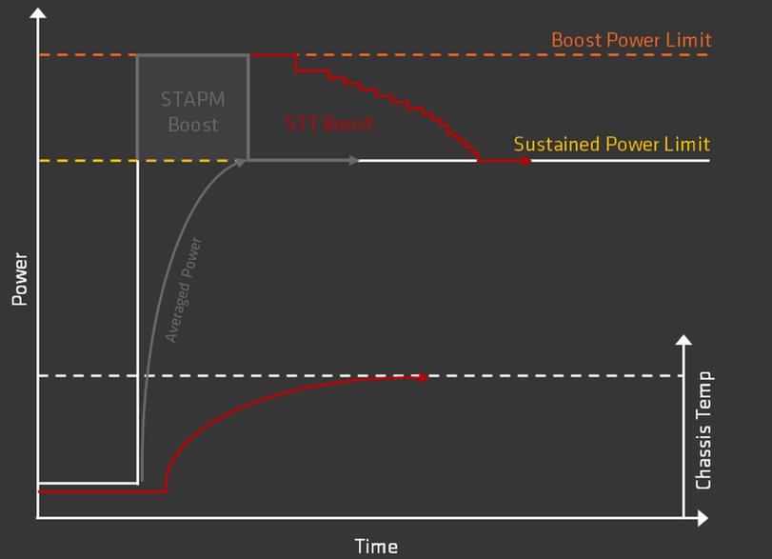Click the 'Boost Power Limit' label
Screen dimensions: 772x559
(x=631, y=40)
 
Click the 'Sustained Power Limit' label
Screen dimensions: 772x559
(x=611, y=145)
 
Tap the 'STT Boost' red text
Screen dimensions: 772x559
(x=329, y=124)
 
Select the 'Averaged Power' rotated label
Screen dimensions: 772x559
(x=183, y=290)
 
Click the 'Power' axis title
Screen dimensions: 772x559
(x=20, y=279)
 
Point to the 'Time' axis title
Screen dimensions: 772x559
(x=376, y=547)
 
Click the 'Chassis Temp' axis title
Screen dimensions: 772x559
(x=703, y=429)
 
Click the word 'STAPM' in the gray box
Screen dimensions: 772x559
(x=193, y=99)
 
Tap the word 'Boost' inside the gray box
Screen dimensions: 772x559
(x=193, y=125)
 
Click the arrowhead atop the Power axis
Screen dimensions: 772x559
(x=38, y=12)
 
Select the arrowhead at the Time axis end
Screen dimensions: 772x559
(x=703, y=518)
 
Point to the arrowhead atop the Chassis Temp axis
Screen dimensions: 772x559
(x=683, y=340)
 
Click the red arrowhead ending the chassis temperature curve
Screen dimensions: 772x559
(x=424, y=378)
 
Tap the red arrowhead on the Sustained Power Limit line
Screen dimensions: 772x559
(x=526, y=161)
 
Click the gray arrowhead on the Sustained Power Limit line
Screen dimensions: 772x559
(x=354, y=160)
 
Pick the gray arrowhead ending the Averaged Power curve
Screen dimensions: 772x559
(x=240, y=162)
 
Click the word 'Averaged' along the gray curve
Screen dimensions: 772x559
(x=178, y=312)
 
